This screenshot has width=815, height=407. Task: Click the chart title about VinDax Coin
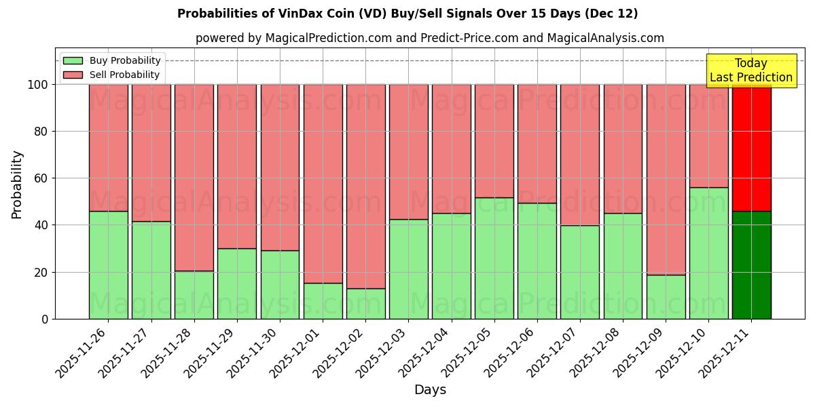407,14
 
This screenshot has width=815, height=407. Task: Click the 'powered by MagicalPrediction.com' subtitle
429,38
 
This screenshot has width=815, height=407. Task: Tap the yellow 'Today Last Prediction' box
750,71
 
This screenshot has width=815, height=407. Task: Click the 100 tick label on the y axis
38,85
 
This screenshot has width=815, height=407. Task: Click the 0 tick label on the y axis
45,319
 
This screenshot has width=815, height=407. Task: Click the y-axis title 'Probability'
17,184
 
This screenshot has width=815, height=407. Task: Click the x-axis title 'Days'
429,389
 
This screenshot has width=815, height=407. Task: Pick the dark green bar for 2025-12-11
751,265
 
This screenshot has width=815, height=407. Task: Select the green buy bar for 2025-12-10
708,253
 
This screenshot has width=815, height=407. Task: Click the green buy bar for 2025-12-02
365,304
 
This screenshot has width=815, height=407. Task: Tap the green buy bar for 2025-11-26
108,265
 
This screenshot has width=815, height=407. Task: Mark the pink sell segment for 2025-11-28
194,178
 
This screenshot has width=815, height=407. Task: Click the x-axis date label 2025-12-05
469,353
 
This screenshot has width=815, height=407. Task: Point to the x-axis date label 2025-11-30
254,353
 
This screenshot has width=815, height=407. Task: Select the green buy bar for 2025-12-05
494,258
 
